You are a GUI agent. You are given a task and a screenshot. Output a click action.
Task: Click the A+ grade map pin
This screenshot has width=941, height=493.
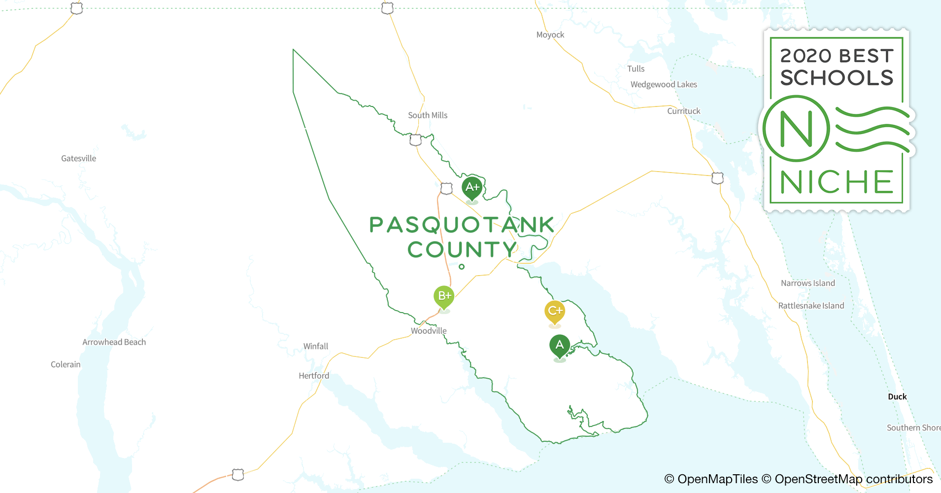(472, 187)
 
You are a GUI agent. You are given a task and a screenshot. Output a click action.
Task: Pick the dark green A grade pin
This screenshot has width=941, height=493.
(560, 345)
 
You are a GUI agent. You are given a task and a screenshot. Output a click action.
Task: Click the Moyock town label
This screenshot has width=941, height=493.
(550, 35)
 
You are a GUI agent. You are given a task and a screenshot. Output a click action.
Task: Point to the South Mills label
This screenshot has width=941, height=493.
(428, 115)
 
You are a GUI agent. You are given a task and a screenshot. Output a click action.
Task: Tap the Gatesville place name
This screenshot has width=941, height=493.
(79, 158)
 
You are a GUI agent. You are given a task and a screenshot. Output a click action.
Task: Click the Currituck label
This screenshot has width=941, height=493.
(684, 111)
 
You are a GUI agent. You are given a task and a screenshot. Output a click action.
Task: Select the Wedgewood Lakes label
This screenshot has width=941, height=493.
(664, 84)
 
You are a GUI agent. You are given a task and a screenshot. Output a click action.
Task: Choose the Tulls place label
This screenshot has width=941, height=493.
(636, 69)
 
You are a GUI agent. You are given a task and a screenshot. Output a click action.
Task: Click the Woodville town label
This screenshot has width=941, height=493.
(429, 331)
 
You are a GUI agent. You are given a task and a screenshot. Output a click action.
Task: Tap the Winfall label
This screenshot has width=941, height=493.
(316, 346)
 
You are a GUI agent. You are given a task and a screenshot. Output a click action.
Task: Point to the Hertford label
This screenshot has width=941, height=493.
(314, 376)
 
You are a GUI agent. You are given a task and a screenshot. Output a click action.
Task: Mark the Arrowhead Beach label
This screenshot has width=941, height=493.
(114, 342)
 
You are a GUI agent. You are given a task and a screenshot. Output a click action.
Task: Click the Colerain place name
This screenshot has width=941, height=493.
(66, 364)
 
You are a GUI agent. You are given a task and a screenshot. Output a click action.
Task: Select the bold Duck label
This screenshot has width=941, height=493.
(897, 396)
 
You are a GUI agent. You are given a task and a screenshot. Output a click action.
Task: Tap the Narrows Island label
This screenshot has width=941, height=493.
(808, 283)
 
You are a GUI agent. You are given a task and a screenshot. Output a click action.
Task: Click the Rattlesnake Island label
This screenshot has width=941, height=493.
(811, 306)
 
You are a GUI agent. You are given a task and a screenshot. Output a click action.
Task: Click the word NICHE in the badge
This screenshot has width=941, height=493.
(837, 182)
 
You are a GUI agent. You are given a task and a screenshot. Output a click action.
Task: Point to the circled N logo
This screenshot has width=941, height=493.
(796, 129)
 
